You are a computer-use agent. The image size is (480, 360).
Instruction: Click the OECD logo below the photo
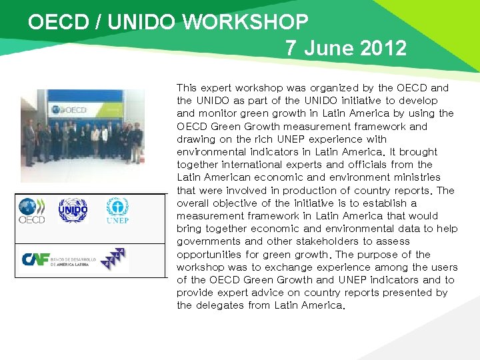[31, 210]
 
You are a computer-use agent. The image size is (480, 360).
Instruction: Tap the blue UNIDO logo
[73, 211]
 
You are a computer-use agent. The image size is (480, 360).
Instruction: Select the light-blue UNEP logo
[117, 211]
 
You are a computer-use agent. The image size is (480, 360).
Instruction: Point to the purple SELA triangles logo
[115, 259]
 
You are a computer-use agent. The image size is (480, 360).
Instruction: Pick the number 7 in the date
[291, 48]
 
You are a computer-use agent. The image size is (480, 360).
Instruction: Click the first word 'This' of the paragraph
[187, 88]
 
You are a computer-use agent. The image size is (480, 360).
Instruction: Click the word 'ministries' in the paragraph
[419, 177]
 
